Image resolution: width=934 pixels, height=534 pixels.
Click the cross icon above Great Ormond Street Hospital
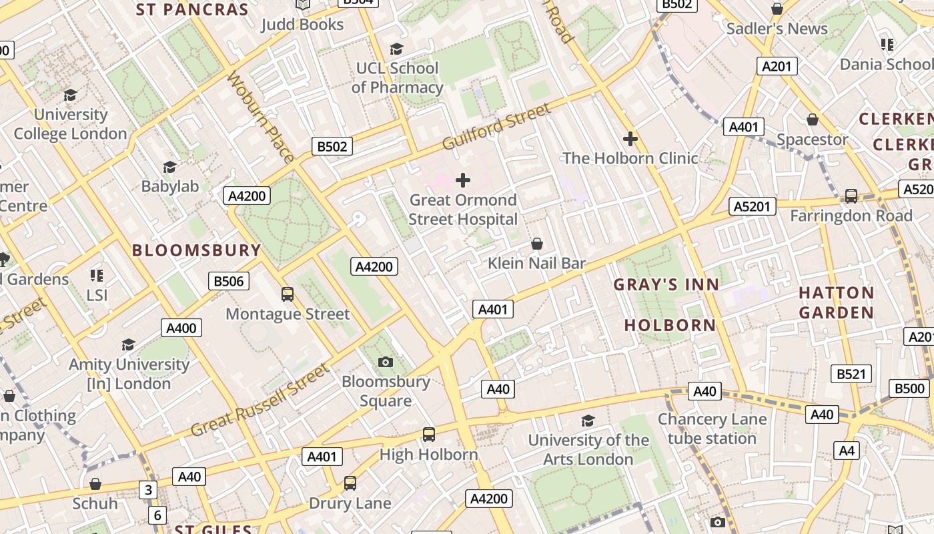click(462, 180)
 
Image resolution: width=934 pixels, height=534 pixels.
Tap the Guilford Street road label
click(497, 127)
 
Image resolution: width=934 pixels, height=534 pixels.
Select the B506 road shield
click(229, 281)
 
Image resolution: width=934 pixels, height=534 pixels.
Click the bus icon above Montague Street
click(288, 294)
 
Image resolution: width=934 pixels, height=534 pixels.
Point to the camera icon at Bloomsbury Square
click(385, 362)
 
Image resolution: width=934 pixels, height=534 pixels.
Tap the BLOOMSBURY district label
click(196, 250)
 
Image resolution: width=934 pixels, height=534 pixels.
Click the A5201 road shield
click(753, 206)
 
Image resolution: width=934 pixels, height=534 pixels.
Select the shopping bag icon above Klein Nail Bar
click(536, 244)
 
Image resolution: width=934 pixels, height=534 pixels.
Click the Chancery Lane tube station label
click(712, 429)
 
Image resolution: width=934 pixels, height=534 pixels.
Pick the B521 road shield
click(851, 374)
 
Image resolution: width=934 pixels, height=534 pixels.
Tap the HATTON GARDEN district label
click(836, 302)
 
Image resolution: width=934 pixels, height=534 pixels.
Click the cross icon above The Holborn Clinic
click(630, 139)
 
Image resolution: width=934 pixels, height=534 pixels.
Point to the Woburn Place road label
click(260, 117)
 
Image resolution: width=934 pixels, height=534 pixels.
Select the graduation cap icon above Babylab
click(169, 167)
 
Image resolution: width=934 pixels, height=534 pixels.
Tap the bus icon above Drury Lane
click(350, 483)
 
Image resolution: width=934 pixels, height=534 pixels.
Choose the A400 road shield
click(181, 328)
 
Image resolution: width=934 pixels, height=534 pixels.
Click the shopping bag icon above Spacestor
click(812, 120)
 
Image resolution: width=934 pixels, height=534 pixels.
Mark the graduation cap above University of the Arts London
click(587, 421)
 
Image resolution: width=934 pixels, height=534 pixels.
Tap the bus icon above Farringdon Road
click(851, 196)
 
